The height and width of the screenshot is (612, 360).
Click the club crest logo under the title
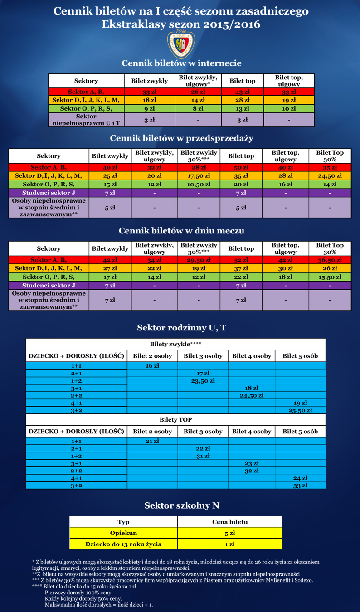[180, 44]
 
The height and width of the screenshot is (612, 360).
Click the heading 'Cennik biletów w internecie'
[181, 63]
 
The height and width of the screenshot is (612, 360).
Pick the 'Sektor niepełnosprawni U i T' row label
[86, 120]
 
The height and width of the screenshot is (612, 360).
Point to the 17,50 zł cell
[199, 175]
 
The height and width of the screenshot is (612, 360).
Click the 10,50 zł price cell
[199, 184]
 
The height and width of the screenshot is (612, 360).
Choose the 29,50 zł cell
[199, 260]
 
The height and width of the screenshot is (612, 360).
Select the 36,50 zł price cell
[330, 260]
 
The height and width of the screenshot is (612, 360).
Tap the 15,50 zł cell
[330, 277]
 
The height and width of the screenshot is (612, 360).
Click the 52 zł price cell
[241, 260]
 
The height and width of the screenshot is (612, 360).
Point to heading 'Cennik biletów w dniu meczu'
[181, 231]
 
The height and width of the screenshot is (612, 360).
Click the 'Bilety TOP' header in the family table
[175, 419]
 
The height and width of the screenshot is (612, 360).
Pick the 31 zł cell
[203, 456]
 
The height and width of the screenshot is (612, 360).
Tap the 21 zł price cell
[152, 441]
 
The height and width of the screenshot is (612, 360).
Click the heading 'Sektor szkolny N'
[181, 505]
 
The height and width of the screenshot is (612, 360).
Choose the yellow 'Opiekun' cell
[123, 533]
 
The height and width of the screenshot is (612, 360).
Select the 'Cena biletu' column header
[230, 522]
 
